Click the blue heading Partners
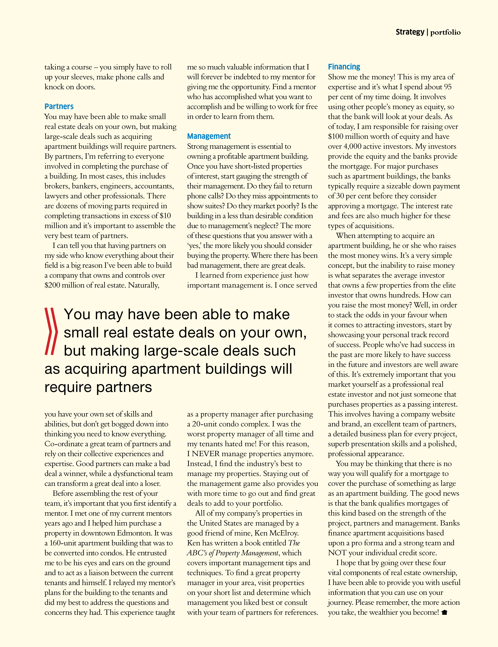[x=59, y=106]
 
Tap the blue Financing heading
[x=344, y=67]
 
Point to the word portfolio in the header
[x=445, y=32]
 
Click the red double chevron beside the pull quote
[x=51, y=331]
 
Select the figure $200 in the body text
[x=52, y=285]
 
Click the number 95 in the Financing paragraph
[x=448, y=87]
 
